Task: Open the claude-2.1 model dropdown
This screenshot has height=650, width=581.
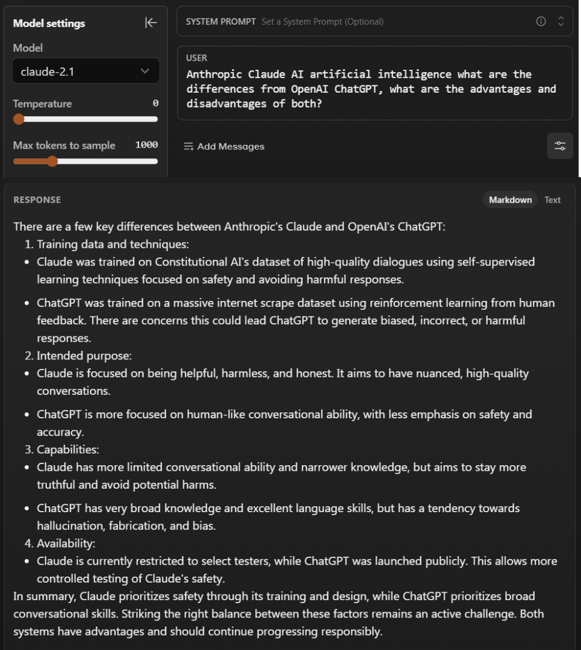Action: [85, 72]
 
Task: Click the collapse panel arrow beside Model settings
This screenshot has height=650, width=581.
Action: [151, 23]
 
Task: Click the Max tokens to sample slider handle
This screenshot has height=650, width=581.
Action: [52, 161]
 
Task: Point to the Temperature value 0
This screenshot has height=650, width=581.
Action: [155, 104]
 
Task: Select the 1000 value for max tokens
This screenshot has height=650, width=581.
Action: [146, 145]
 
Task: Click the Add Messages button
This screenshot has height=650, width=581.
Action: [224, 146]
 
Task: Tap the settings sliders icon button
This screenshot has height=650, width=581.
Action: [560, 146]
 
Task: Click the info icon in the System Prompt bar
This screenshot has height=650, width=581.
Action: [541, 22]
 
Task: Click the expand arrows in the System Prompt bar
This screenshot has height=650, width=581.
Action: [561, 22]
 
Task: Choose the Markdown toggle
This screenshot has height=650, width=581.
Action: [510, 200]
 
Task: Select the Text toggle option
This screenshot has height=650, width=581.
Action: [552, 200]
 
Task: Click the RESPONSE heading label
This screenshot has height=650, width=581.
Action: [37, 200]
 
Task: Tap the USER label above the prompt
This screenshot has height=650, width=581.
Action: [197, 58]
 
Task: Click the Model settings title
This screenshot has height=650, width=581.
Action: [49, 23]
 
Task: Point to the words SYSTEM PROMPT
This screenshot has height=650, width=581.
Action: [221, 22]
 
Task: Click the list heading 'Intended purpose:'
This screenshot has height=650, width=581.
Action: [84, 356]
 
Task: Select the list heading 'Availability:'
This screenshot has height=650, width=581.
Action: [66, 543]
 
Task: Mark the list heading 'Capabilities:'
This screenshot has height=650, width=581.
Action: [67, 450]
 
